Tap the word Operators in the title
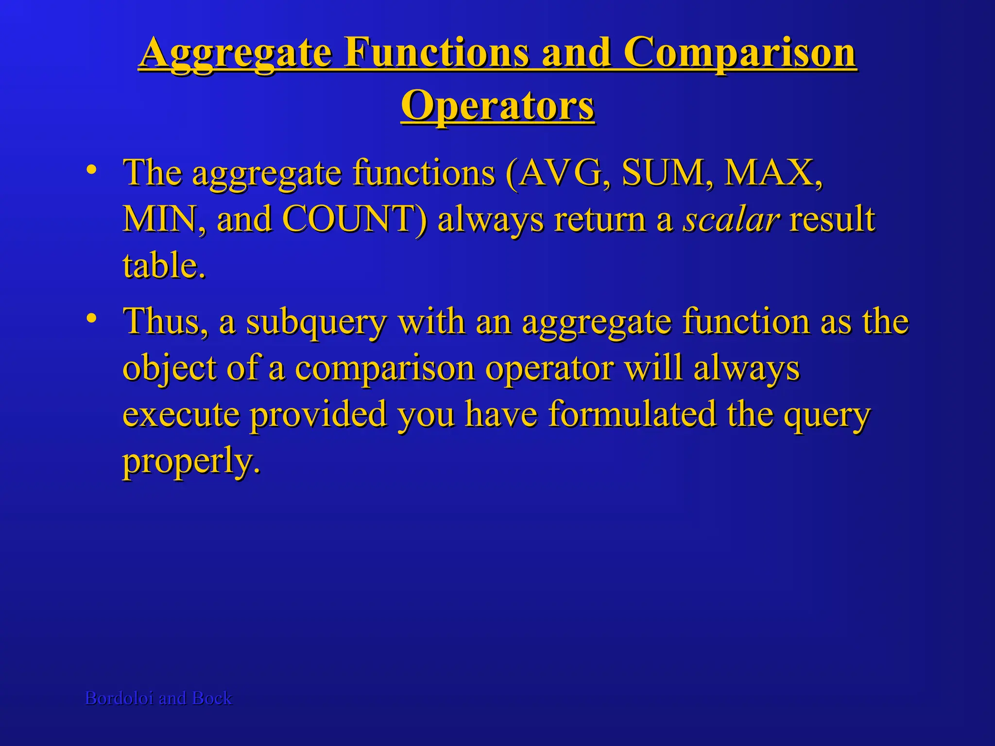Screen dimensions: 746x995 [497, 106]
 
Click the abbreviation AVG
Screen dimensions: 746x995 [559, 173]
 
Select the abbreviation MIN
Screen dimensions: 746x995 [160, 220]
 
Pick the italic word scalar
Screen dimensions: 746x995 [732, 220]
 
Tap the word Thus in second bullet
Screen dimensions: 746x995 [163, 322]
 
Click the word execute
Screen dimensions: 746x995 [181, 415]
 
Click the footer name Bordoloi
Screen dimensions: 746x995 [120, 698]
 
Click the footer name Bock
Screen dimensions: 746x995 [212, 698]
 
